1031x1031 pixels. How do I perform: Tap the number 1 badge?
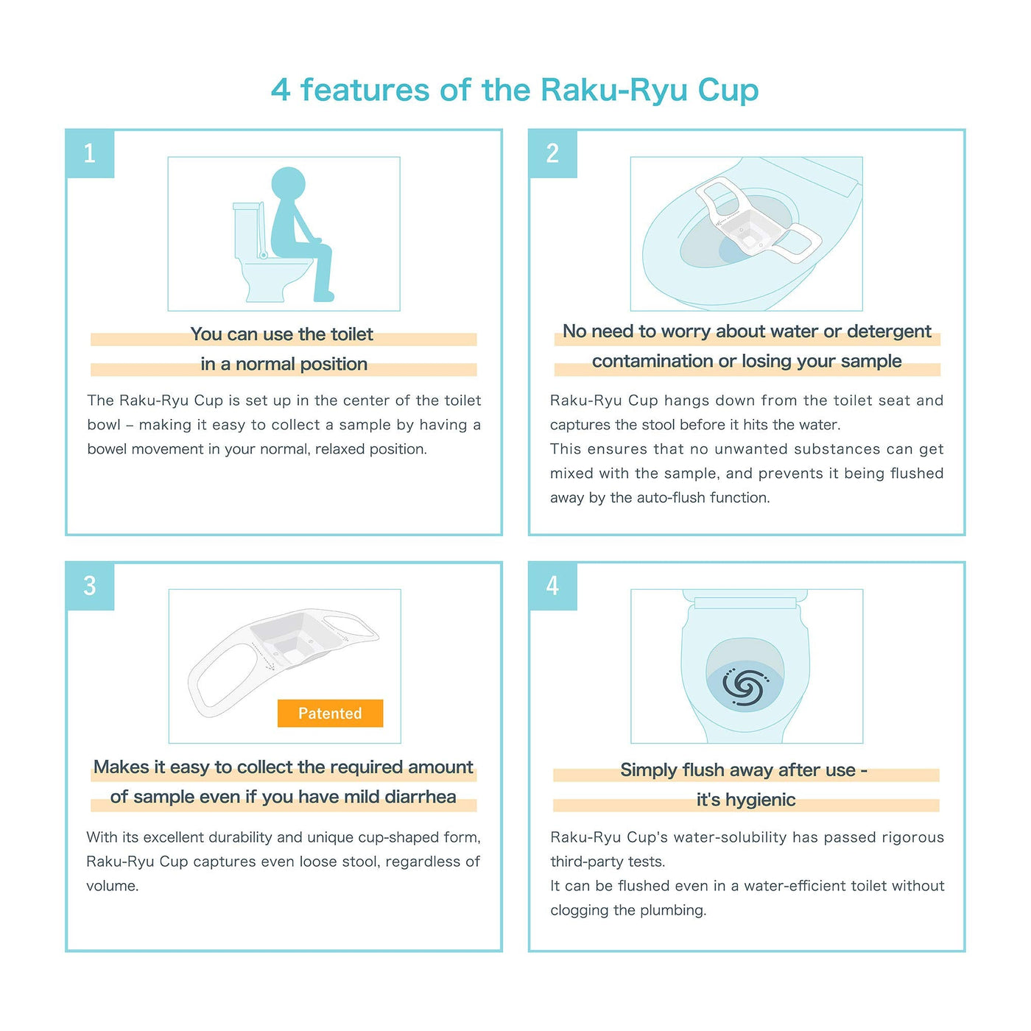point(90,154)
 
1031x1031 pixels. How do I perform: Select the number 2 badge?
point(552,154)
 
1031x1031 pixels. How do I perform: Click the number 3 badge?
point(90,586)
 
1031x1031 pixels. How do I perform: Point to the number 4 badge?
point(552,586)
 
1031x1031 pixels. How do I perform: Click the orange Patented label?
point(330,713)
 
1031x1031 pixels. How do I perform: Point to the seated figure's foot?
point(324,295)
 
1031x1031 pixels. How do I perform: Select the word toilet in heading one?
point(351,334)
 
